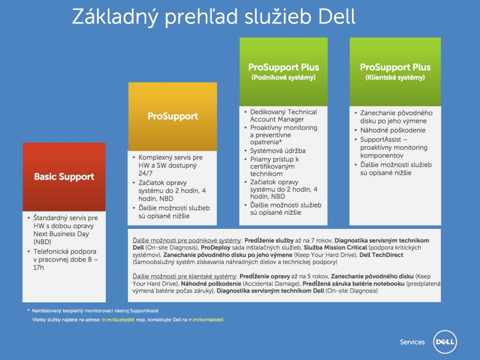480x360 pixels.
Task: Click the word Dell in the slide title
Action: point(337,16)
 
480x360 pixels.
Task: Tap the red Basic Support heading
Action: point(64,177)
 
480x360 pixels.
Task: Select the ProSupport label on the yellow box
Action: point(172,116)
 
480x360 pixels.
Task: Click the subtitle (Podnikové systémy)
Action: point(284,77)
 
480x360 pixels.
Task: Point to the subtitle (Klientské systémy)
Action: point(395,77)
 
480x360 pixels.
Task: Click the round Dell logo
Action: point(445,342)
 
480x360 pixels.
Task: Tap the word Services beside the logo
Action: point(412,342)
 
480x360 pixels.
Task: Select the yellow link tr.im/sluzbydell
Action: point(118,320)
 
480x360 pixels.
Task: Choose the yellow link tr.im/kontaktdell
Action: point(206,320)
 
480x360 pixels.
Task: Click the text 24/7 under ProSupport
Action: point(145,173)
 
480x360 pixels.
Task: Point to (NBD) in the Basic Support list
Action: point(42,242)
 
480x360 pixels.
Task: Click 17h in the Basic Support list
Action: point(38,267)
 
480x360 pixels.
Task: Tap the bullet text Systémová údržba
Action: point(277,150)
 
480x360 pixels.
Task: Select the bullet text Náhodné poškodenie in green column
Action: point(393,130)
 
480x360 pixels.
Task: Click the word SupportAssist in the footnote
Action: point(144,311)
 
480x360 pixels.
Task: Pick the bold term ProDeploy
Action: point(216,247)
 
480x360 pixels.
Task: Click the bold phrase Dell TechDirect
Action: point(381,255)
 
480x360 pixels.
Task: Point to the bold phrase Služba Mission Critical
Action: point(335,247)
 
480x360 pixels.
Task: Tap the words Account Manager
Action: point(277,120)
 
